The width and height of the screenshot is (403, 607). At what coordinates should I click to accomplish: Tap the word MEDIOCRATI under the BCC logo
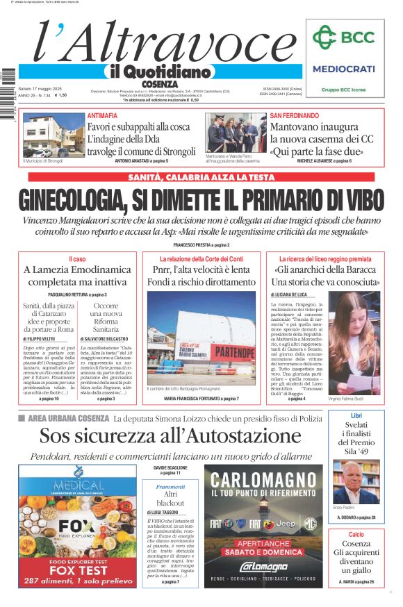pyautogui.click(x=343, y=69)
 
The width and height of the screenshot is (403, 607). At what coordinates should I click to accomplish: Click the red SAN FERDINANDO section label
pyautogui.click(x=295, y=115)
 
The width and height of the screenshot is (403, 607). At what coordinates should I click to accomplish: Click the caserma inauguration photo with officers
pyautogui.click(x=236, y=133)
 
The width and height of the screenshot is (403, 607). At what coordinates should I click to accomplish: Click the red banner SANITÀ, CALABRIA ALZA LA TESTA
pyautogui.click(x=201, y=178)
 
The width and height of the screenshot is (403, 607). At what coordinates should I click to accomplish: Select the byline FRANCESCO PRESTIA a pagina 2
pyautogui.click(x=201, y=245)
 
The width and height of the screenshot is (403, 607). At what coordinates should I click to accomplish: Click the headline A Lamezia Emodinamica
pyautogui.click(x=77, y=269)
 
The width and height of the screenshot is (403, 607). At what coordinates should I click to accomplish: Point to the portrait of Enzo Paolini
pyautogui.click(x=356, y=482)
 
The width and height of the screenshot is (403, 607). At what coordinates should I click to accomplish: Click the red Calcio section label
pyautogui.click(x=356, y=534)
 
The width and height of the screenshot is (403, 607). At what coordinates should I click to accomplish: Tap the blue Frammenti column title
pyautogui.click(x=170, y=487)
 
